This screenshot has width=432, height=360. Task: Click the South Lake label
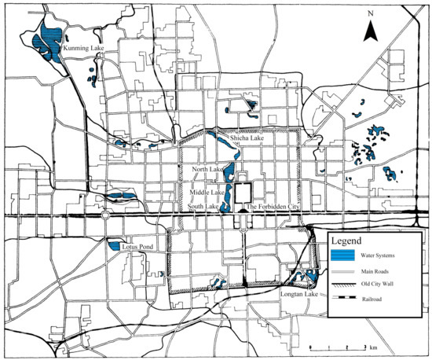203,207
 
